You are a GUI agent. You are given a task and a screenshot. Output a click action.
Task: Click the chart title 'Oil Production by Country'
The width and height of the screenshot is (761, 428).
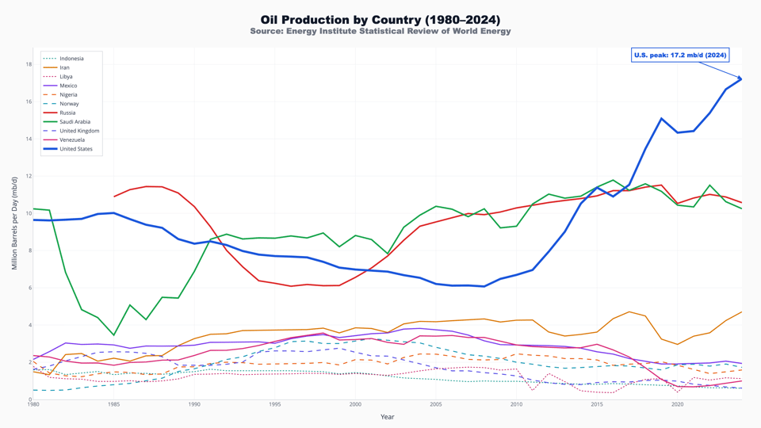pos(380,19)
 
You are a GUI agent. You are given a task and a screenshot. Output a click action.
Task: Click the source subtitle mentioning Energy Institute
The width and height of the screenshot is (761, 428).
pos(380,32)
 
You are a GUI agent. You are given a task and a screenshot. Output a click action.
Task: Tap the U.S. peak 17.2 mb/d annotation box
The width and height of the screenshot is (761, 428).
pos(679,55)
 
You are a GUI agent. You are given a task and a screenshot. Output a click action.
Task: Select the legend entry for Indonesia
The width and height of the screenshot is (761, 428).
pos(71,59)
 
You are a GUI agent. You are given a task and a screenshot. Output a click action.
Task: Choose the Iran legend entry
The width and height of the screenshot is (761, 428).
pos(64,67)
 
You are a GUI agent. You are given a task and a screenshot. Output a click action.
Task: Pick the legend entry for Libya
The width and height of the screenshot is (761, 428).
pos(66,77)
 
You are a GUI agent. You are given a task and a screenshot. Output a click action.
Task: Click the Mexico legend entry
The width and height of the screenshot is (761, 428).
pos(68,86)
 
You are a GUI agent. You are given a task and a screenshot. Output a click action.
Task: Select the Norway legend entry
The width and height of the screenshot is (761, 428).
pos(69,104)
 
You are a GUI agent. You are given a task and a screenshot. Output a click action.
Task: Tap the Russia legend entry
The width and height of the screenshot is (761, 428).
pos(67,113)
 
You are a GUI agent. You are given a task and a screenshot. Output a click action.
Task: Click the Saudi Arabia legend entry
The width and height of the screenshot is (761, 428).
pos(75,122)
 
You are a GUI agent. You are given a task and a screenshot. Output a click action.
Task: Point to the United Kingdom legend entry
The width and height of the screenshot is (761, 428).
pos(79,131)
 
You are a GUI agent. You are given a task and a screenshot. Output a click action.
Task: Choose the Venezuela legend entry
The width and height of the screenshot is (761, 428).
pos(72,139)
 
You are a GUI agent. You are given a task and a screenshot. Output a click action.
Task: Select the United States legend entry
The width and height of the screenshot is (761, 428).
pos(76,149)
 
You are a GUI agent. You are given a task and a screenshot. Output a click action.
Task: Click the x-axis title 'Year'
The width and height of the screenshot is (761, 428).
pos(387,417)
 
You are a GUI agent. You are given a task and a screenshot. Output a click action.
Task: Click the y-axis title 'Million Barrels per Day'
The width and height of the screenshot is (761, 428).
pos(14,224)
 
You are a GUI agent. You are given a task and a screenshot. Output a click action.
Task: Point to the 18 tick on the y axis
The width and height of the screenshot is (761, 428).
pos(28,64)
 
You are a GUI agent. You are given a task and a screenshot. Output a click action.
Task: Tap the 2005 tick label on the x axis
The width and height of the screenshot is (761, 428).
pos(436,404)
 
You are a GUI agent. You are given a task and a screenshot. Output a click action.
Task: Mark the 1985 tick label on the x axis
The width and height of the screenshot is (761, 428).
pos(113,404)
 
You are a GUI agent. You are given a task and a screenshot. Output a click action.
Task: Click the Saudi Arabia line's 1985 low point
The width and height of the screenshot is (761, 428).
pos(113,334)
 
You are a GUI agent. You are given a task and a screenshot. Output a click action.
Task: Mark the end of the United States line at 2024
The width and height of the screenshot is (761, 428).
pos(741,78)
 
